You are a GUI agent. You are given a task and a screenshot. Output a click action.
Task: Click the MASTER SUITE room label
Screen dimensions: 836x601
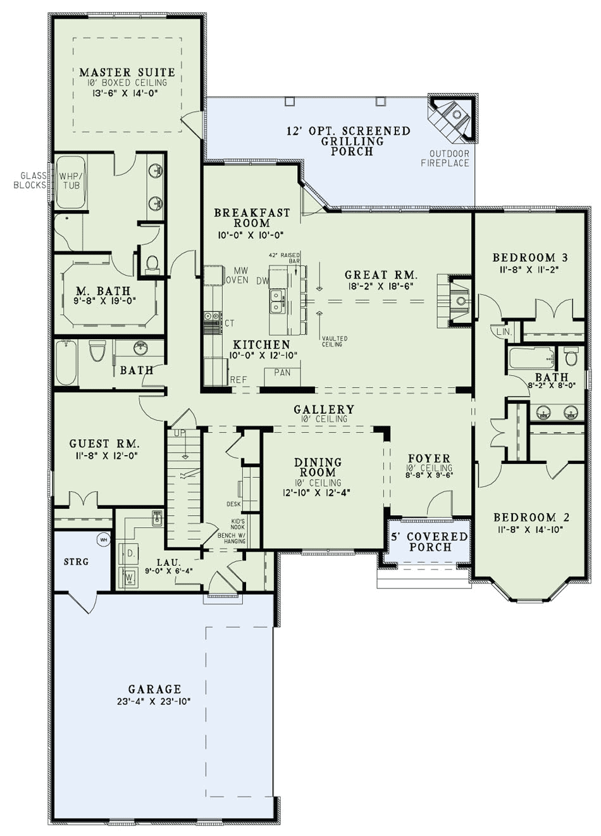point(127,72)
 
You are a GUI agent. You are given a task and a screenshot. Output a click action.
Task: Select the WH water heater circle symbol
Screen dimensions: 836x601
point(103,539)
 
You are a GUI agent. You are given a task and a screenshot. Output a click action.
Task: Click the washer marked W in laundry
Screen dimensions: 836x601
point(130,577)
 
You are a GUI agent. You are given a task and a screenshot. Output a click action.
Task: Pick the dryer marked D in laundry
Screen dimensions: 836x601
point(130,553)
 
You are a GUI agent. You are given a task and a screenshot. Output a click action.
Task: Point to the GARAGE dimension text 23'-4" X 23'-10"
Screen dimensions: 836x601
point(155,701)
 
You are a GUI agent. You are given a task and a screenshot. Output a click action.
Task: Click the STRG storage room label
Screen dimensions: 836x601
point(77,561)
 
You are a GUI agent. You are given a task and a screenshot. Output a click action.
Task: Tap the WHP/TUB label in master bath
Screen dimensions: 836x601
point(70,180)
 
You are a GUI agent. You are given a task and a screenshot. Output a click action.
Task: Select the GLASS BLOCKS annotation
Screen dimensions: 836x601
point(29,180)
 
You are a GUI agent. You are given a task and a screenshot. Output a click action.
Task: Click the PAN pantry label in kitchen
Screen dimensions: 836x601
point(282,373)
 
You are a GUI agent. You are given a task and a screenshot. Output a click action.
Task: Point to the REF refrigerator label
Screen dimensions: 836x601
point(239,380)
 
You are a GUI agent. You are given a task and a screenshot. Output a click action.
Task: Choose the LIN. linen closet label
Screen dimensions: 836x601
point(504,332)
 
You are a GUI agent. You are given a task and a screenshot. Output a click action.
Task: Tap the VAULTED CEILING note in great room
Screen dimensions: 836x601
point(332,341)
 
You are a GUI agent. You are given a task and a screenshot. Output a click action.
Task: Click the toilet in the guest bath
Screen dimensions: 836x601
point(97,350)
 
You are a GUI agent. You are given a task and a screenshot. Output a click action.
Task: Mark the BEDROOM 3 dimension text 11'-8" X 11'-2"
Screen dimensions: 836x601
point(530,269)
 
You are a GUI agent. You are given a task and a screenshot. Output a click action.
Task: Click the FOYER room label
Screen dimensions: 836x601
point(429,458)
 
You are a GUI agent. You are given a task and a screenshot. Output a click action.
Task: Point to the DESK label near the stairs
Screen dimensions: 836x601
point(233,504)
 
